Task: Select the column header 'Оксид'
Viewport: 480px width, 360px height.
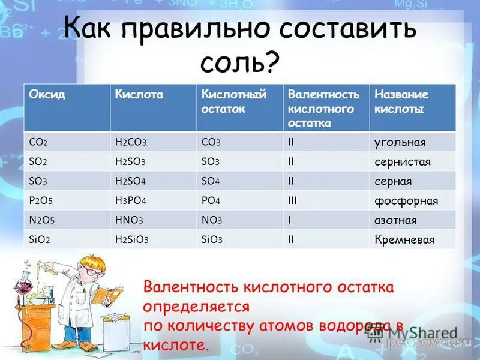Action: click(47, 95)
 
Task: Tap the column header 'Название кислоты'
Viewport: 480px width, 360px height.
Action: click(401, 102)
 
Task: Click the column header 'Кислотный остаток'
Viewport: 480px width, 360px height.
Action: click(225, 102)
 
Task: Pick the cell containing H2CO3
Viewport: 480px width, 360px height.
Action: click(131, 142)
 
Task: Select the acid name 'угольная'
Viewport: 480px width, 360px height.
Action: click(400, 142)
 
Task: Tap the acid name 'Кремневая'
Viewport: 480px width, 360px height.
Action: click(404, 240)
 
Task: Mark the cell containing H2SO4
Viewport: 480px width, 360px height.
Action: click(131, 181)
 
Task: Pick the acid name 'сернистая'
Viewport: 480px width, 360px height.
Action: click(402, 162)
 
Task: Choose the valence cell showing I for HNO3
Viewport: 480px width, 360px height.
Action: click(289, 220)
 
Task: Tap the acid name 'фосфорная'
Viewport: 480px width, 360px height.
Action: click(406, 201)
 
